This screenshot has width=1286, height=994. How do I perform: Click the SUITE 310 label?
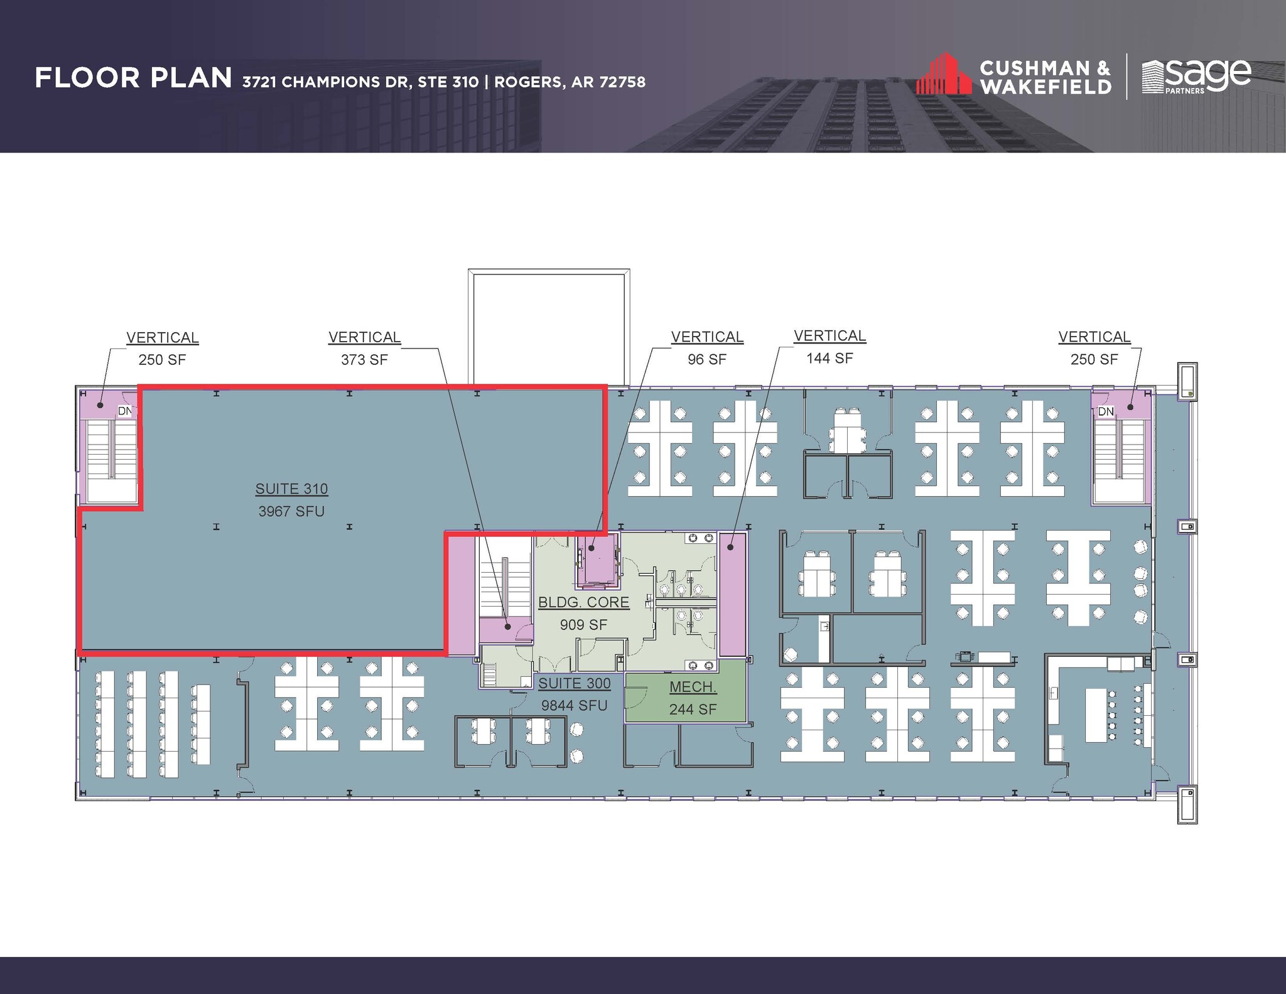point(291,489)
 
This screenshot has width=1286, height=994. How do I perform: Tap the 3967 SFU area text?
point(291,511)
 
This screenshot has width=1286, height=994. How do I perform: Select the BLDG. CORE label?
point(583,602)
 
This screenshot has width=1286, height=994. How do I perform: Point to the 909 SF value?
point(583,625)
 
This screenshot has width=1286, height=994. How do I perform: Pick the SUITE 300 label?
point(575,683)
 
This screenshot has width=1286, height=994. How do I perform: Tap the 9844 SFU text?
point(575,706)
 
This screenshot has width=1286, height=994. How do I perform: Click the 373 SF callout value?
point(364,360)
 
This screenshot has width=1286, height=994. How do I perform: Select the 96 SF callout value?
point(707,360)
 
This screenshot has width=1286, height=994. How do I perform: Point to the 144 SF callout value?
point(829,359)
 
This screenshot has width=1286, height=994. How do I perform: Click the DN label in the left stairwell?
point(125,411)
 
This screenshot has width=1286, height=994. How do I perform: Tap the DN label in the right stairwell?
point(1105,412)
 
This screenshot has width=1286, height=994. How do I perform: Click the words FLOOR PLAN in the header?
point(133,78)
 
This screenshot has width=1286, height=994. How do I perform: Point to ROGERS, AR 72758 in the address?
point(570,82)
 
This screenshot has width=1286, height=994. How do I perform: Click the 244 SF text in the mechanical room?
point(693,710)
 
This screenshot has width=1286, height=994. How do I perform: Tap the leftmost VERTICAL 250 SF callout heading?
point(162,338)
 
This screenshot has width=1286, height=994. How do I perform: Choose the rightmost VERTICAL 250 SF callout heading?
point(1094,337)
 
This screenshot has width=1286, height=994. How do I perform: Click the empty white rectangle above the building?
point(549,327)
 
